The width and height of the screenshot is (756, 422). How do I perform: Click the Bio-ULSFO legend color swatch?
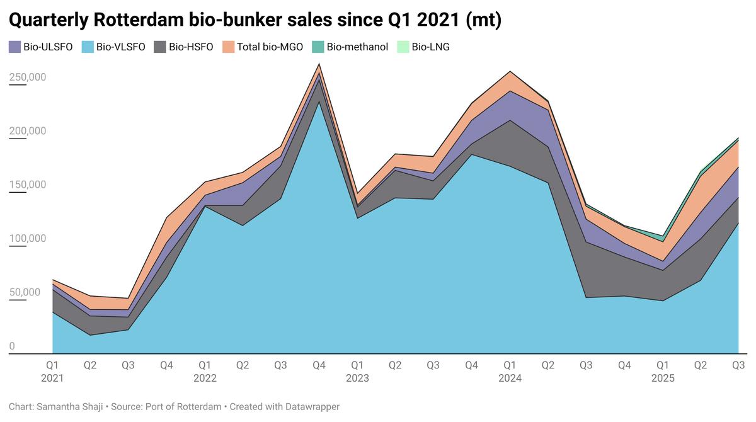click(x=14, y=47)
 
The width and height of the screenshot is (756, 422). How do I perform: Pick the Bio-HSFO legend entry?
click(x=191, y=47)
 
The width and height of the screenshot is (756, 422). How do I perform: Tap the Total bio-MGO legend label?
click(x=270, y=47)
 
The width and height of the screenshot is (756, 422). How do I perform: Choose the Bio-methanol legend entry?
click(x=357, y=47)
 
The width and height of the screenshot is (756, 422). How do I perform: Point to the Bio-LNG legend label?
click(x=430, y=47)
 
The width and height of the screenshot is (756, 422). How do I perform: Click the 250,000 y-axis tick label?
click(x=27, y=77)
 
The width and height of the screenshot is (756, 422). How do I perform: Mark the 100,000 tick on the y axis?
click(x=27, y=238)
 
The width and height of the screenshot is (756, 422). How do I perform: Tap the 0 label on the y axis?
click(x=12, y=346)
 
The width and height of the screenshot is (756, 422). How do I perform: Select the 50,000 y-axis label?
click(x=25, y=292)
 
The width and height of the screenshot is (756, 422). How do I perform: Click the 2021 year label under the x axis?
click(x=52, y=379)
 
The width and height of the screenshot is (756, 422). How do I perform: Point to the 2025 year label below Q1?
click(x=662, y=379)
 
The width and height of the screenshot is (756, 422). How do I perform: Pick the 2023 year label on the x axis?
click(x=357, y=379)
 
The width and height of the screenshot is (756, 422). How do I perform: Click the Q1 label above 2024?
click(x=510, y=365)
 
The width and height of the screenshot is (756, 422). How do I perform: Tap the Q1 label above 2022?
click(x=205, y=365)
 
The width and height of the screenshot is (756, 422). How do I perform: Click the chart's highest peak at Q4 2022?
click(x=319, y=64)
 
